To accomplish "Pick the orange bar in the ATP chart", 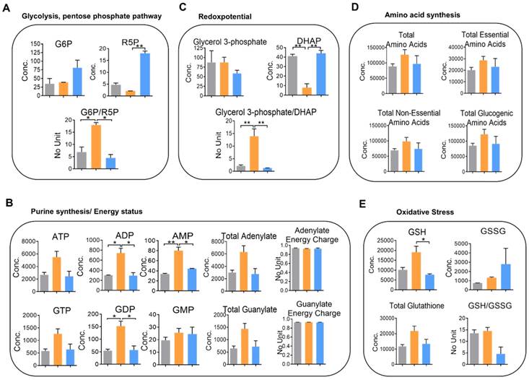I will pyautogui.click(x=56, y=273).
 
